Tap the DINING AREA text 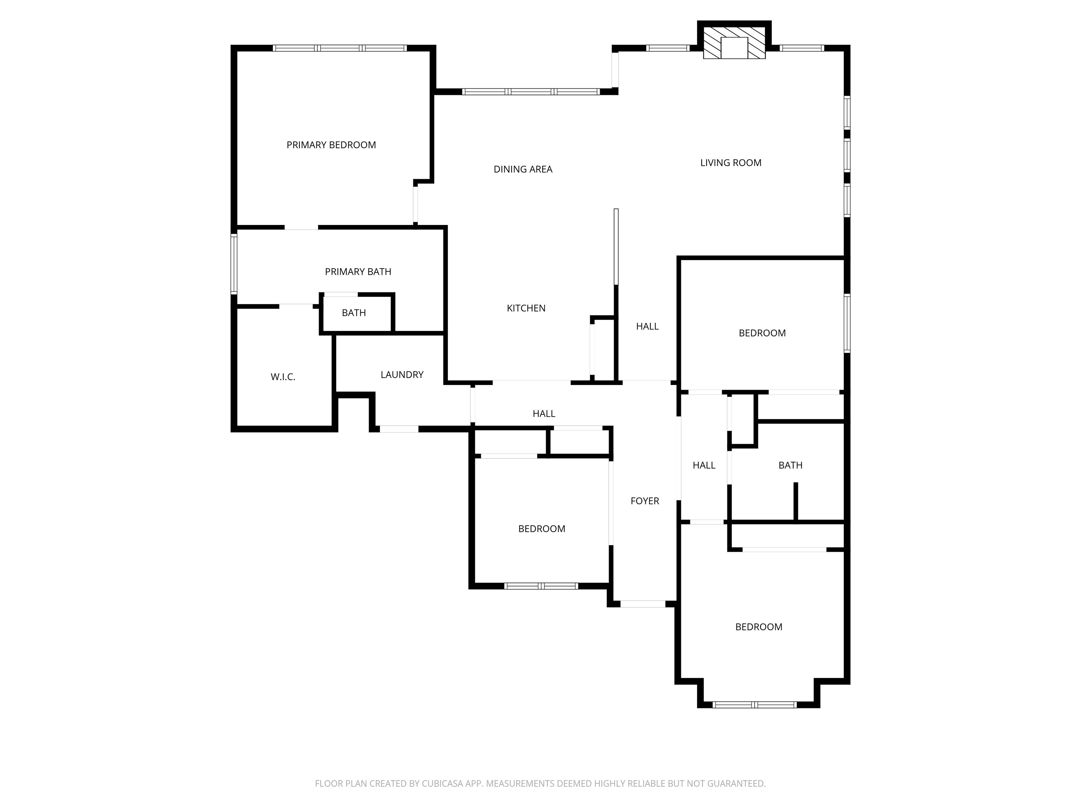click(x=523, y=169)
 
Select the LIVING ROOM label click(x=731, y=163)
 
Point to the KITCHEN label click(x=526, y=308)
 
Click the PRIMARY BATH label click(x=358, y=271)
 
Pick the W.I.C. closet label click(x=283, y=377)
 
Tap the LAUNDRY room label click(x=402, y=375)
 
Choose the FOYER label click(x=645, y=501)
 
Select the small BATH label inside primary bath click(x=354, y=313)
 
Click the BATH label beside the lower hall click(x=790, y=465)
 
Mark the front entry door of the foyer click(x=643, y=604)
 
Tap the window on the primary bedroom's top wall click(x=340, y=48)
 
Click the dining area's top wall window click(x=531, y=92)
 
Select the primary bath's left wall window click(x=234, y=264)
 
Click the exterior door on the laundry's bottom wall click(x=399, y=429)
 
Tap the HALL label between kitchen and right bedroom click(x=647, y=326)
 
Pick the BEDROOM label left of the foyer click(x=542, y=528)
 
